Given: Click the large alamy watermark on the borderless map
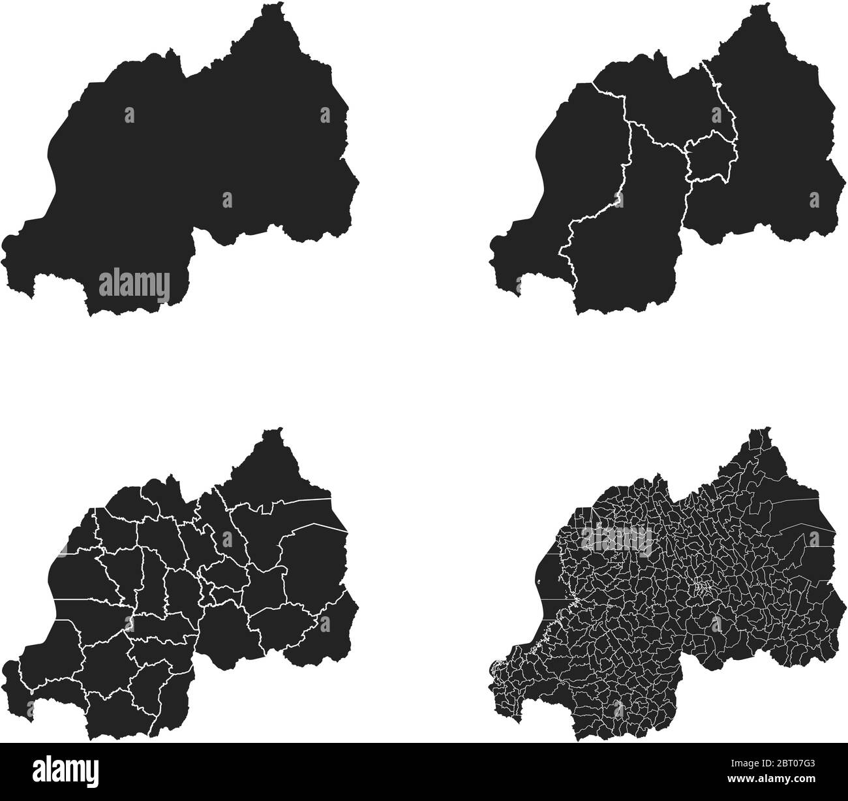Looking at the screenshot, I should point(134,285).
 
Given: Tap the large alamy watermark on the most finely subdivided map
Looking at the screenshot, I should point(616,540).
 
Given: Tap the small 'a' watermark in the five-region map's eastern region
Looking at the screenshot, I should point(813,199).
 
